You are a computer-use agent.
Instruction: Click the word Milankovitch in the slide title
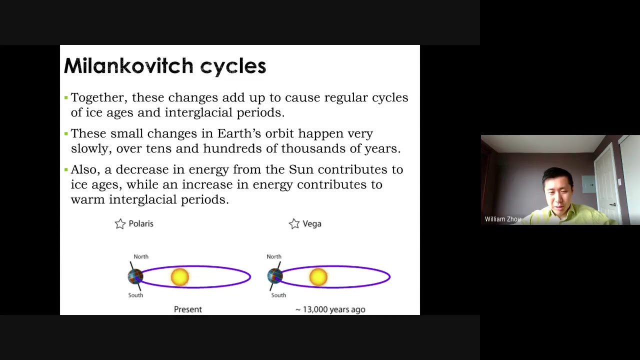(x=128, y=65)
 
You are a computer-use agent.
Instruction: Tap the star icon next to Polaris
(x=120, y=224)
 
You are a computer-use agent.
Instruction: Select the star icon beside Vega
(x=294, y=224)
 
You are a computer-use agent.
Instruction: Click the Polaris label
(x=141, y=223)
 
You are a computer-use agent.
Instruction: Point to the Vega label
(x=312, y=223)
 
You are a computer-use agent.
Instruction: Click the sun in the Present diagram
(x=180, y=277)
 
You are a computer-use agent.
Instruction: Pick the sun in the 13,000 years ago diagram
(x=318, y=277)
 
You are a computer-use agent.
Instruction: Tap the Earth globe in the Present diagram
(x=135, y=276)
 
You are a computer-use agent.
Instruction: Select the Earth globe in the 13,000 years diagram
(x=275, y=276)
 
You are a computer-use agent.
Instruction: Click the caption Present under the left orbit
(x=188, y=309)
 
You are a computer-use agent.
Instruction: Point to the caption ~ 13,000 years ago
(x=330, y=309)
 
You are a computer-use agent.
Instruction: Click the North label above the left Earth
(x=141, y=256)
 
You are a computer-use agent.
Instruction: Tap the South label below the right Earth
(x=278, y=295)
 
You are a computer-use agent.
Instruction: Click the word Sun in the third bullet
(x=301, y=169)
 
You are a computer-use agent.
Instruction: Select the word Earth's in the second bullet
(x=239, y=133)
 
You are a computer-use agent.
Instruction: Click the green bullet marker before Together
(x=66, y=97)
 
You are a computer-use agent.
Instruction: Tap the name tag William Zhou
(x=502, y=219)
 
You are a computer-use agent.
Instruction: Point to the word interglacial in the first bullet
(x=198, y=112)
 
